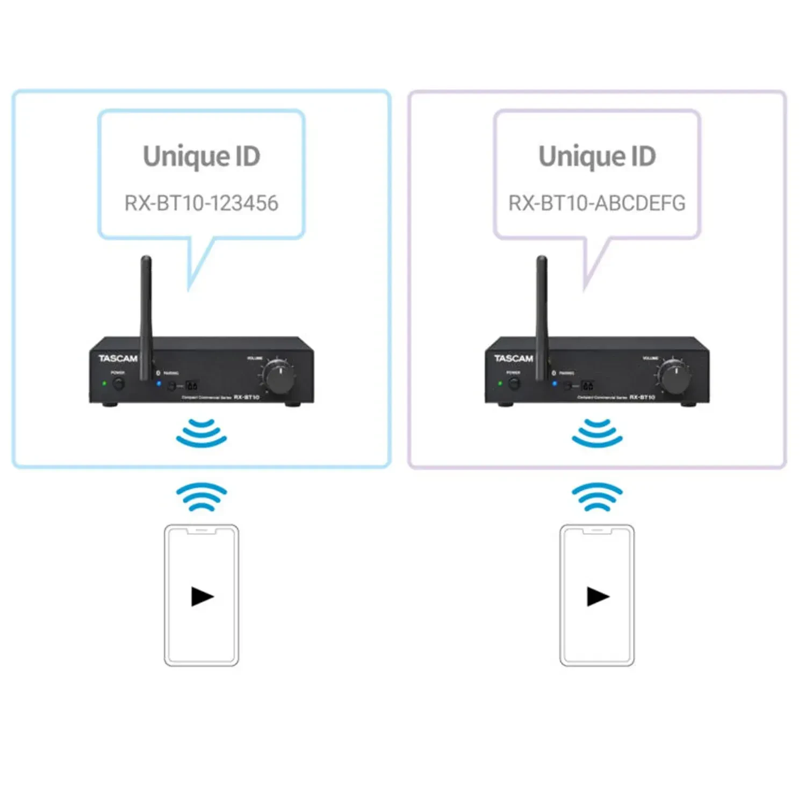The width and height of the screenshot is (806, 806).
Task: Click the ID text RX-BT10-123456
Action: pos(201,203)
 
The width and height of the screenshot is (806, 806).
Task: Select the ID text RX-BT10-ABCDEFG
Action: pos(597,203)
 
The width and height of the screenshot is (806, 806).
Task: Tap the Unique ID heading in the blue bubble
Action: pos(201,156)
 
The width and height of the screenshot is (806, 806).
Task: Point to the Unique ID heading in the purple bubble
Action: pos(597,156)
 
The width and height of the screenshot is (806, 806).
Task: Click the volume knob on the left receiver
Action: pos(280,377)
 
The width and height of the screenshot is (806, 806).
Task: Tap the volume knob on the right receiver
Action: pos(675,377)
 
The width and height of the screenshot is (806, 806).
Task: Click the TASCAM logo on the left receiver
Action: pos(118,358)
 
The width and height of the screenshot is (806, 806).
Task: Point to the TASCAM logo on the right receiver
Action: pos(514,358)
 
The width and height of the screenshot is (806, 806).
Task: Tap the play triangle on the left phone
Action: pos(202,596)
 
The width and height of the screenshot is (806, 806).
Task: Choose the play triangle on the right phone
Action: pos(598,596)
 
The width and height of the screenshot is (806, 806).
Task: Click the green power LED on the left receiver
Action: pos(105,384)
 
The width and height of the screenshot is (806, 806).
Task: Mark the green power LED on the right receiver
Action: pos(500,384)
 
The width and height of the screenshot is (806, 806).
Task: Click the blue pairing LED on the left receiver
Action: pos(159,384)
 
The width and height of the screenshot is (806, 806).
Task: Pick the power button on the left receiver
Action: pos(119,384)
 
